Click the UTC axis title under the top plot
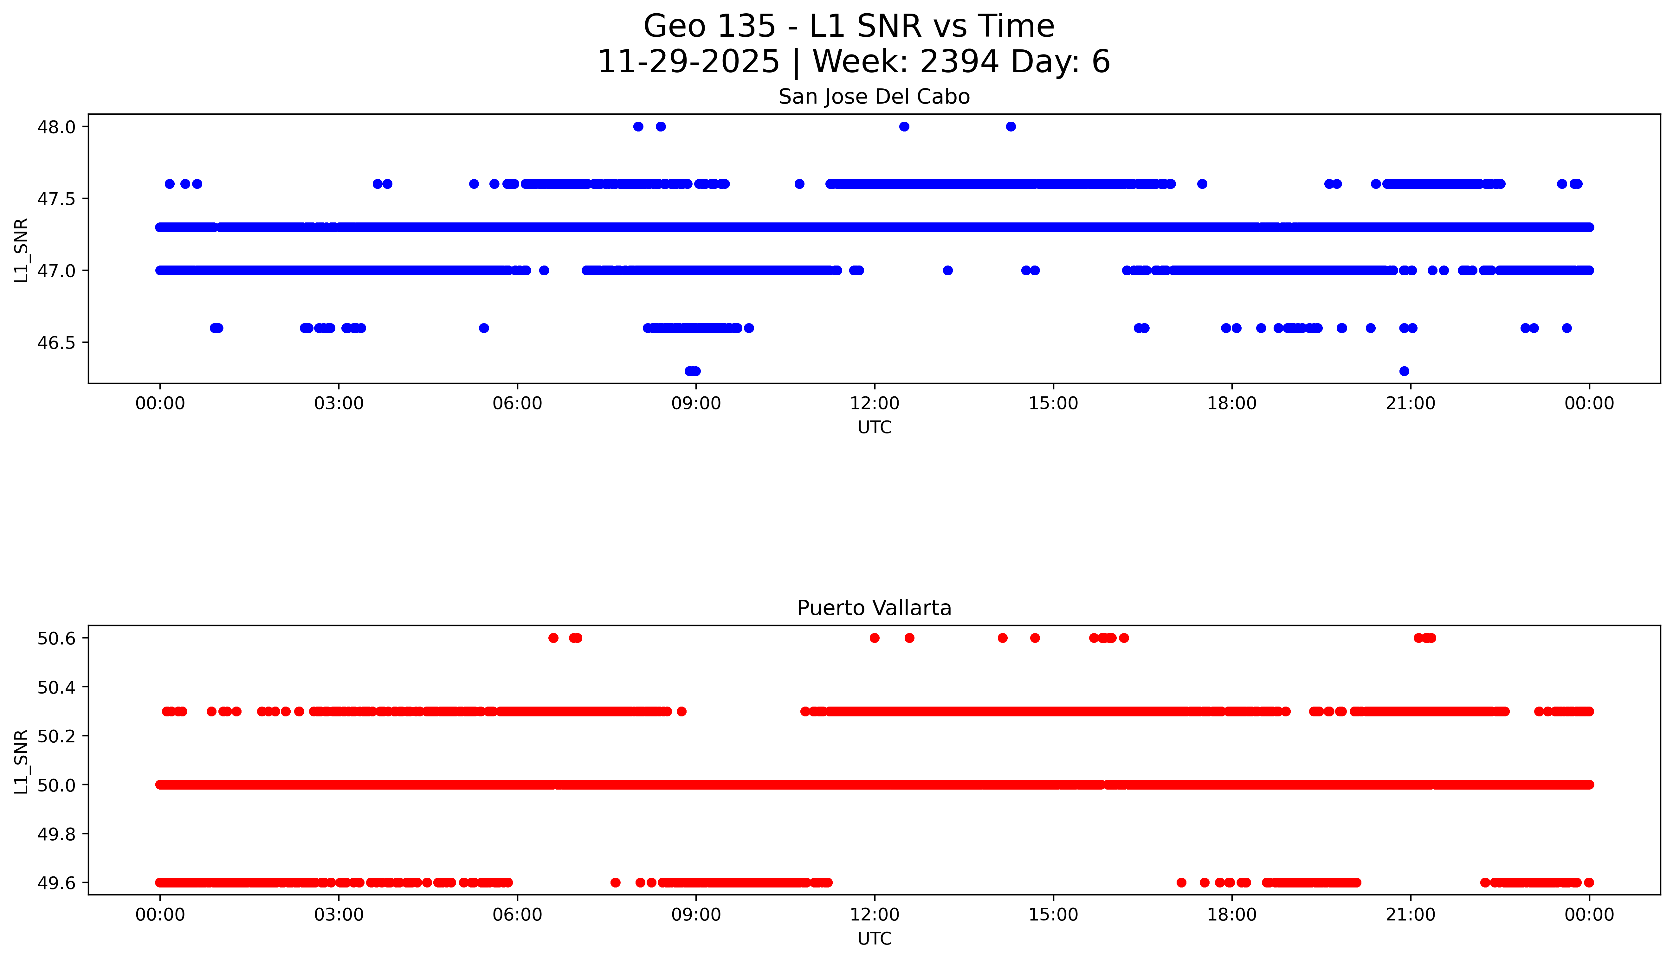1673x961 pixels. [x=874, y=428]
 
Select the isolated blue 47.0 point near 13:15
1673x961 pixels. [x=947, y=270]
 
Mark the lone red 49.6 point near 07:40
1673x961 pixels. [x=615, y=882]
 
